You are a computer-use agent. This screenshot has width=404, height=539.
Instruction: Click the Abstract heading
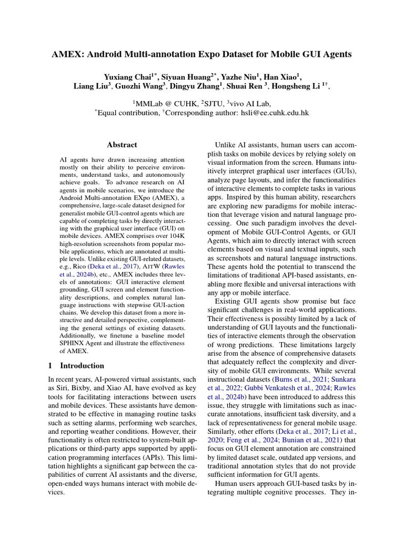pyautogui.click(x=122, y=145)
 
